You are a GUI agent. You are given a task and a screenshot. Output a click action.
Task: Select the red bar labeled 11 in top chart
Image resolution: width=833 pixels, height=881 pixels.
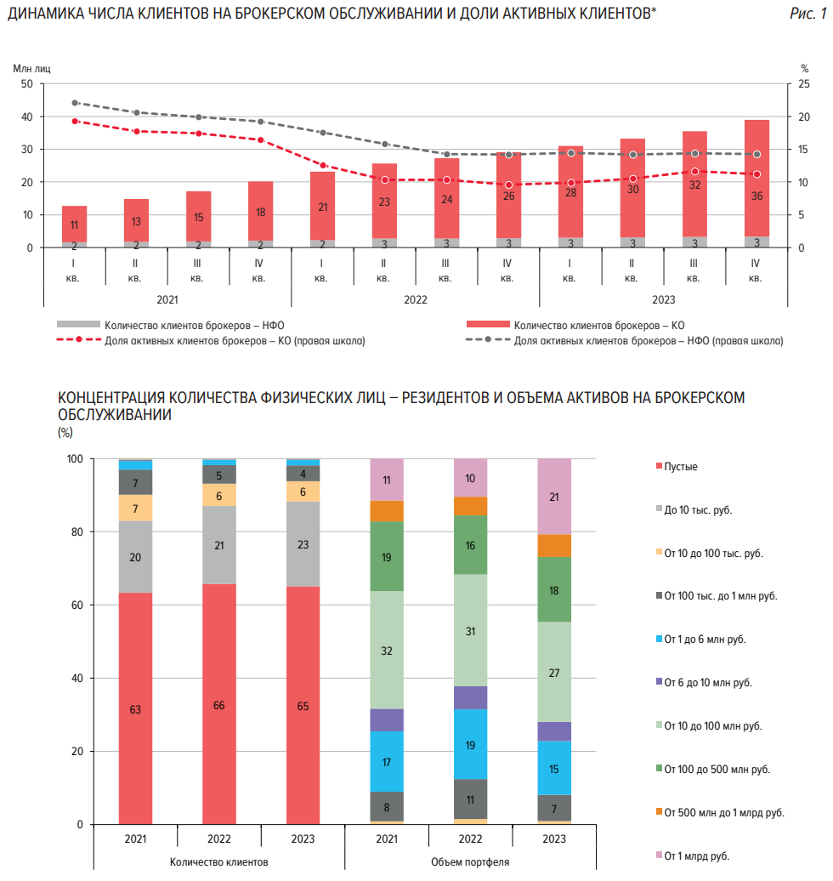click(x=74, y=225)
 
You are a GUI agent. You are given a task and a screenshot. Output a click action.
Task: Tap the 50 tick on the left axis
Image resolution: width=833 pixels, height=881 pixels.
click(x=26, y=83)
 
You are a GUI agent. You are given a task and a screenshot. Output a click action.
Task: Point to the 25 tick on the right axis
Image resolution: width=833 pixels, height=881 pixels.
click(x=804, y=83)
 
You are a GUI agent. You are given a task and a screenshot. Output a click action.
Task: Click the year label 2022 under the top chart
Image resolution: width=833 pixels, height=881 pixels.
click(x=415, y=299)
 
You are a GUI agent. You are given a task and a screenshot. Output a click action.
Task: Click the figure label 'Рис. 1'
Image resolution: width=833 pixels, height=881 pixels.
click(x=807, y=14)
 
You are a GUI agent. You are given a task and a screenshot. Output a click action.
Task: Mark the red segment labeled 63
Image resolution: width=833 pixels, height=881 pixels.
click(x=135, y=708)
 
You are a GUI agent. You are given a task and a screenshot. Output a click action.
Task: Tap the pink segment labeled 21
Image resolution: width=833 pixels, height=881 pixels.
click(x=554, y=497)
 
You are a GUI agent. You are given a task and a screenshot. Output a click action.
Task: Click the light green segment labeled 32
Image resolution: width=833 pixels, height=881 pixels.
click(x=387, y=650)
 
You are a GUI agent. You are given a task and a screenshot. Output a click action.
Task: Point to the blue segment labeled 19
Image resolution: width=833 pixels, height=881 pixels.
click(x=470, y=744)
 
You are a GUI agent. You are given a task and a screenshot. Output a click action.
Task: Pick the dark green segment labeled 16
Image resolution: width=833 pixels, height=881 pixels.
click(x=470, y=544)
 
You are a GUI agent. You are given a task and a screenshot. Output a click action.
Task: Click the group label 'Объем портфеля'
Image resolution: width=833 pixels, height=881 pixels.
click(x=470, y=861)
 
